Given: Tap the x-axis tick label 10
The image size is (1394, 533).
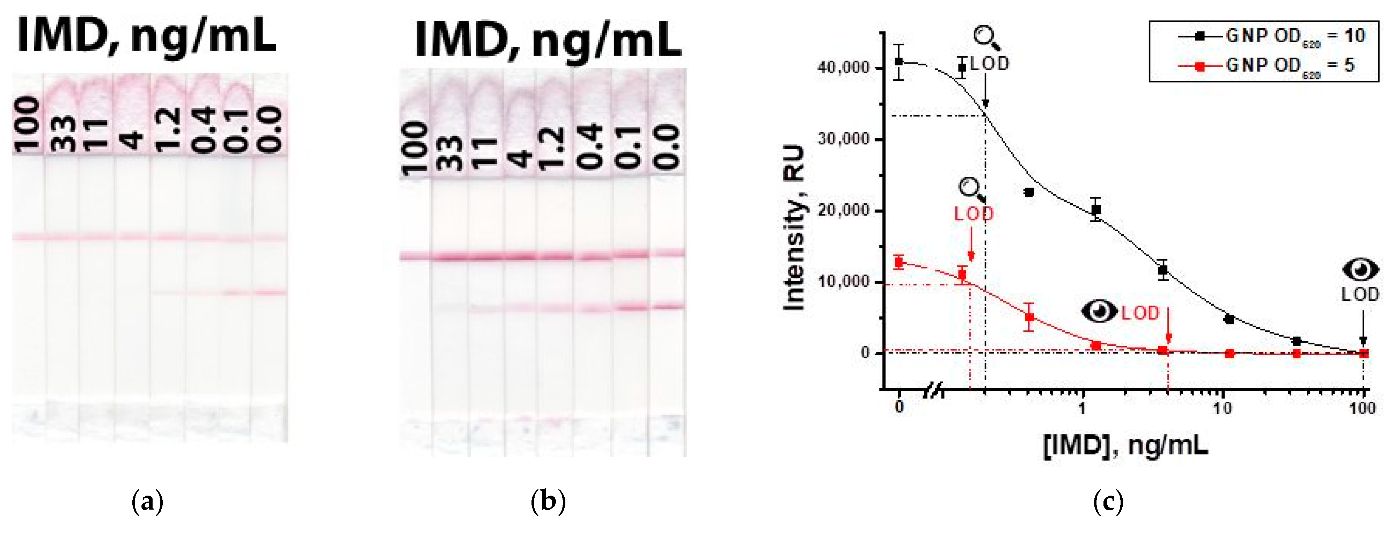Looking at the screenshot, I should point(1222,408).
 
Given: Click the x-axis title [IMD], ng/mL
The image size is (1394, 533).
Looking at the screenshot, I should point(1125,446).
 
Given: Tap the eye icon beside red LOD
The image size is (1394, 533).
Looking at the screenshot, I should point(1099,311).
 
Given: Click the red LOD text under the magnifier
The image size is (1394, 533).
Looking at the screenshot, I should point(974,214).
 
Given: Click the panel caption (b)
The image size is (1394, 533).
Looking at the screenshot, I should point(548,501).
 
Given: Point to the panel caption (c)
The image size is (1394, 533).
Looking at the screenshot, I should point(1108,501).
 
